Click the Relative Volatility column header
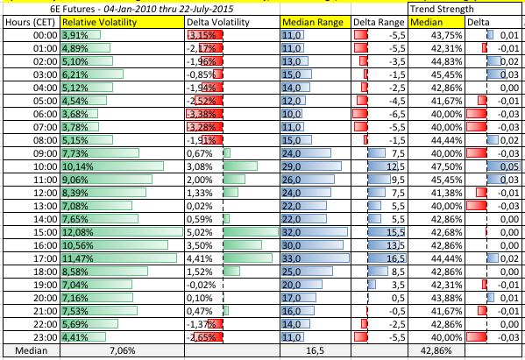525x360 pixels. click(99, 22)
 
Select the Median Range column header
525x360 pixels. click(313, 22)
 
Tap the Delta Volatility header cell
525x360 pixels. click(218, 22)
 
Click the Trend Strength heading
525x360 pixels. click(442, 9)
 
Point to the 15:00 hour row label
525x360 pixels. click(46, 232)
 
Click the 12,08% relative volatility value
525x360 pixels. click(78, 232)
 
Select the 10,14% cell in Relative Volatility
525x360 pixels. click(78, 166)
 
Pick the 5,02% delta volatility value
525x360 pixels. click(200, 232)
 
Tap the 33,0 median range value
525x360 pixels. click(291, 258)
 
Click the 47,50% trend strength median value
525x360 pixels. click(447, 166)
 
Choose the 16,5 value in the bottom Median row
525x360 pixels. click(315, 350)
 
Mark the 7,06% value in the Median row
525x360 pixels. click(123, 350)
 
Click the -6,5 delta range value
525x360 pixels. click(397, 114)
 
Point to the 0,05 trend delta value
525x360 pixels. click(509, 166)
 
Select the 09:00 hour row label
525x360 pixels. click(46, 153)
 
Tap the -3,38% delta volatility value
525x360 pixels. click(202, 114)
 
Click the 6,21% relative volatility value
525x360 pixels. click(75, 74)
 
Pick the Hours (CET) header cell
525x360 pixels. click(30, 22)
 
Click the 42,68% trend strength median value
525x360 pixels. click(447, 232)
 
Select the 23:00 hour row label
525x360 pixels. click(46, 337)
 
